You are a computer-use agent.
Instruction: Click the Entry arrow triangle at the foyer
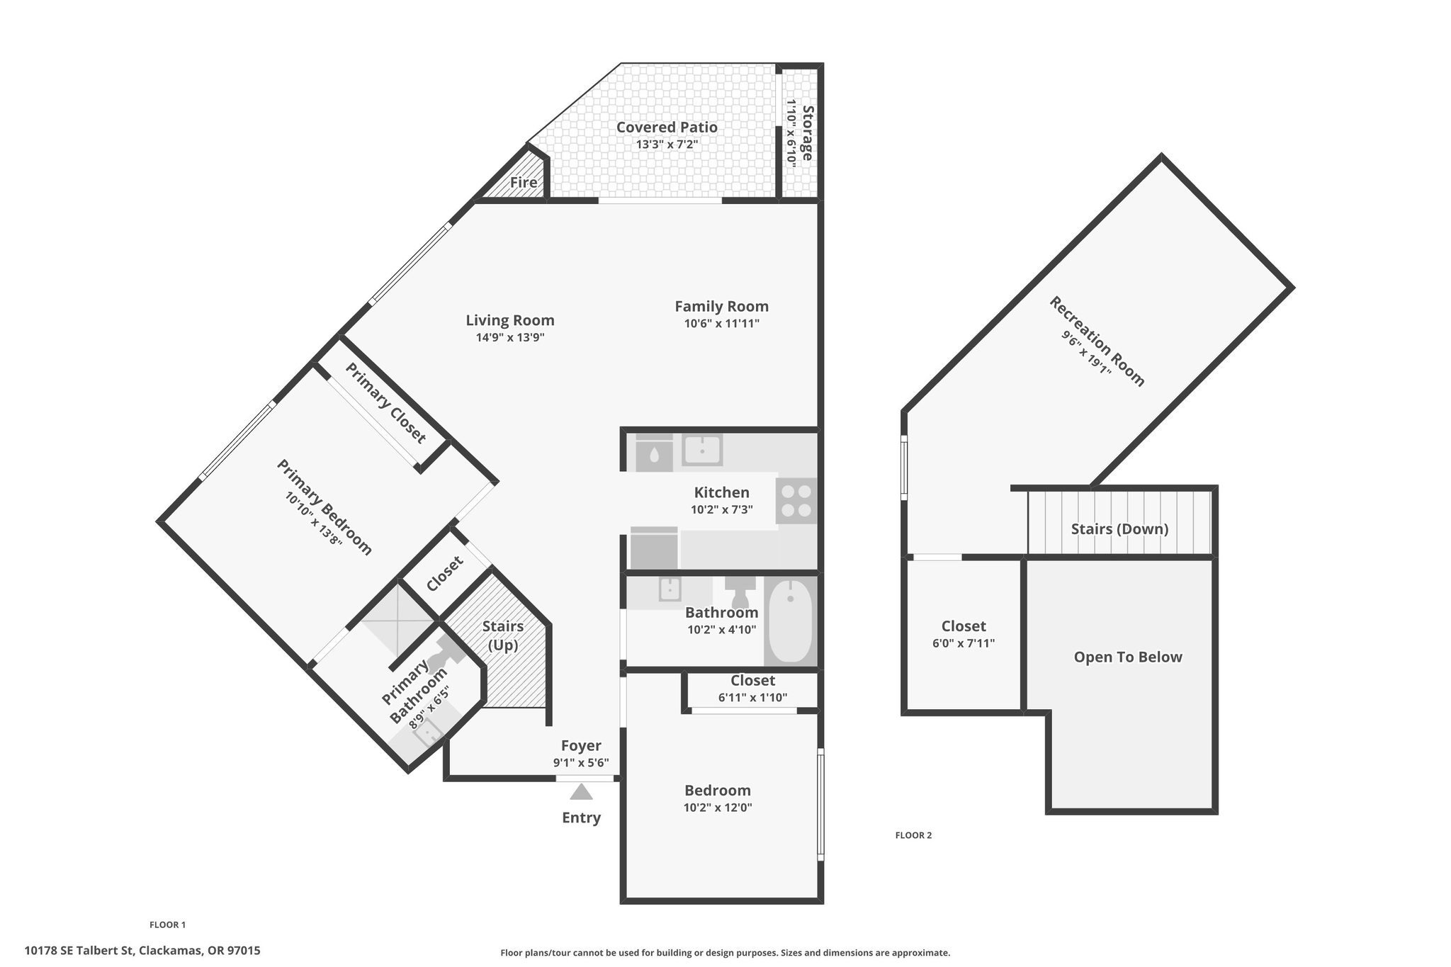(581, 791)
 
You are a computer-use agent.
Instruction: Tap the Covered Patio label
(667, 128)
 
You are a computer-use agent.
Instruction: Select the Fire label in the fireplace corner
(524, 182)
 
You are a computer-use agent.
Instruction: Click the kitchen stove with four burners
(796, 501)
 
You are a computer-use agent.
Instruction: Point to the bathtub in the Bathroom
(791, 621)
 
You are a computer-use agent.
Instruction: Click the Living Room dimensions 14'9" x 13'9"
(510, 338)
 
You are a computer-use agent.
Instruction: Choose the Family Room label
(721, 307)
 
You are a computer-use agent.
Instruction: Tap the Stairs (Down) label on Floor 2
(1119, 529)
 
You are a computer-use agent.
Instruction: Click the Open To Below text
(1128, 657)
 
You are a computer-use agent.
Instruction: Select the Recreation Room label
(1097, 341)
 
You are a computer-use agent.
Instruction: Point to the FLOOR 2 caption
(913, 835)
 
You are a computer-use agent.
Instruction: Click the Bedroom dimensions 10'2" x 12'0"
(718, 808)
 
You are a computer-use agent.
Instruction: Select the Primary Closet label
(386, 403)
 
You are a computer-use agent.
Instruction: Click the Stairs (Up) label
(502, 635)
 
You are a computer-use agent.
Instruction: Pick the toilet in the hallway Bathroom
(740, 589)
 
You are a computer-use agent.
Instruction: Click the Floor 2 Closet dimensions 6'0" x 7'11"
(964, 643)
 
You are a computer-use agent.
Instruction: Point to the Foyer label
(581, 745)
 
